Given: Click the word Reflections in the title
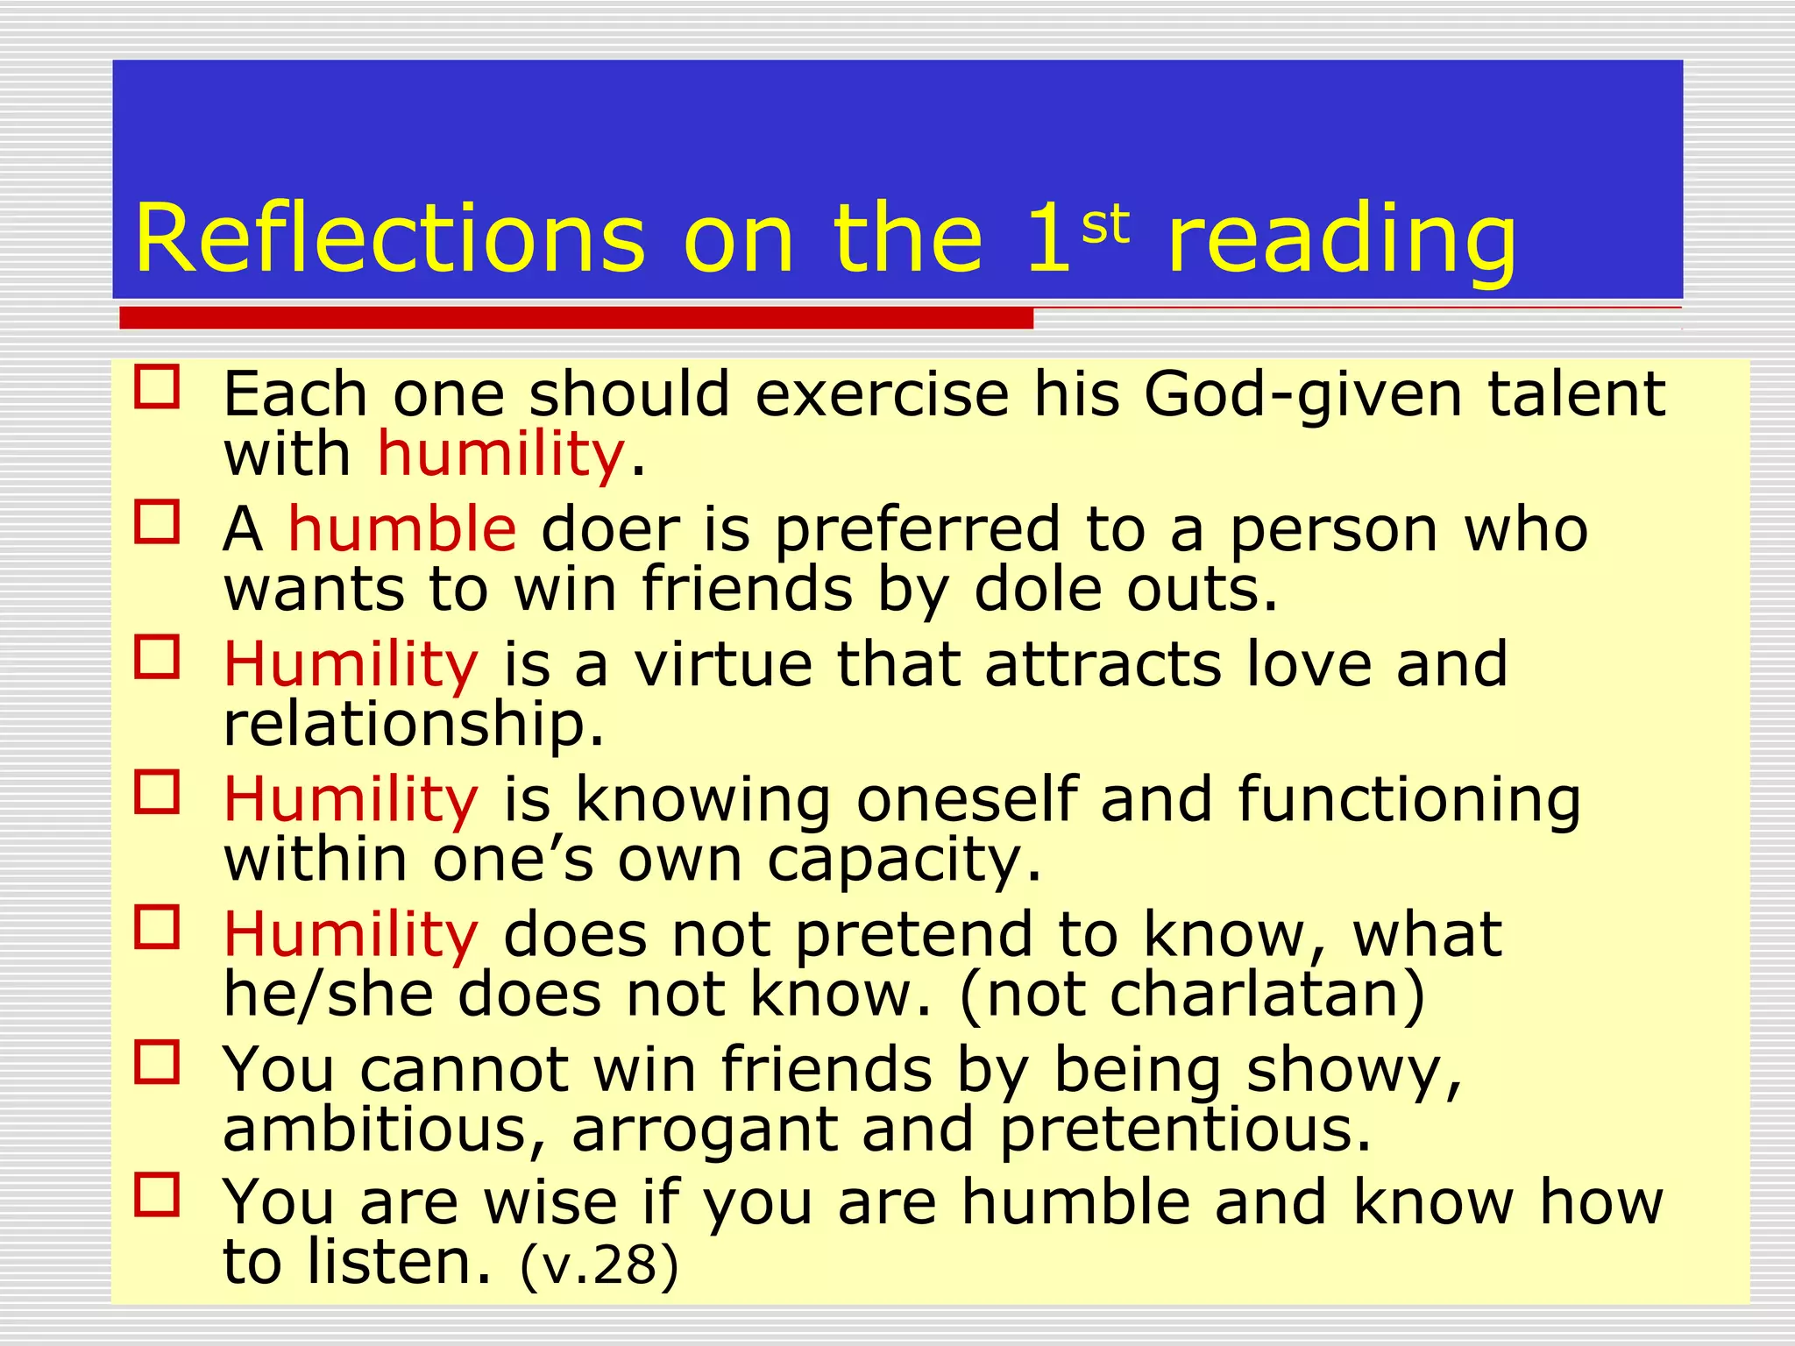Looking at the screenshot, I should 390,238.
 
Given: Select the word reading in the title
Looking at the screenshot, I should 1342,241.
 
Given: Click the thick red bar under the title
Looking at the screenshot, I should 576,318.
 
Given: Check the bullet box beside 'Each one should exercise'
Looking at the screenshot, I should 158,388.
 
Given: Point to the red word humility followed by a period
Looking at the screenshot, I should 500,454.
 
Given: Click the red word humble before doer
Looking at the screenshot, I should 402,528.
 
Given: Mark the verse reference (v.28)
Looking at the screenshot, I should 600,1265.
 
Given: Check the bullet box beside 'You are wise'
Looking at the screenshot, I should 158,1196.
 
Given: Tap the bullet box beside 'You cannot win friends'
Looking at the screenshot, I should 158,1062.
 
